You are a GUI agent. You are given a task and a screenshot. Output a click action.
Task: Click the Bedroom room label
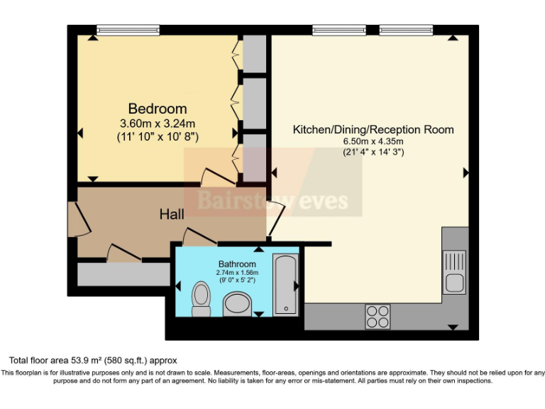tap(158, 109)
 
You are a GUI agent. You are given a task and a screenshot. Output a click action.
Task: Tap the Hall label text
tap(172, 214)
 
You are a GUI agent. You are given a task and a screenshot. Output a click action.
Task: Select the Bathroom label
tap(237, 263)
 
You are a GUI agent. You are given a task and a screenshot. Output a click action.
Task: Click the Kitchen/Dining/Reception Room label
tap(373, 129)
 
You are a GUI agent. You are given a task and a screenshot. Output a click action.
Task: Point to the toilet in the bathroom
tap(202, 298)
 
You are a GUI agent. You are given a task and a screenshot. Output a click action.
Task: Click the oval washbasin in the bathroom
tap(237, 305)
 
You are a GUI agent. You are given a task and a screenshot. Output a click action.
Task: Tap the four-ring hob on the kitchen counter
tap(378, 316)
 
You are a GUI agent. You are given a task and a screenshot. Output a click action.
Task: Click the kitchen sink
tap(454, 272)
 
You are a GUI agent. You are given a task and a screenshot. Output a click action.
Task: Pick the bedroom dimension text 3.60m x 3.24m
tap(158, 124)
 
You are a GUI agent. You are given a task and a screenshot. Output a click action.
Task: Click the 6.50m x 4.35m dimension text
tap(373, 141)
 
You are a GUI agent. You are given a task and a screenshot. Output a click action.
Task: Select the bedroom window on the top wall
tap(128, 31)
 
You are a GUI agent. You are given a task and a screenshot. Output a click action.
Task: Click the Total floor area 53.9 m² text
tap(92, 361)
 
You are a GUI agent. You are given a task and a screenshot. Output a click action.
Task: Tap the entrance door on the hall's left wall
tap(81, 219)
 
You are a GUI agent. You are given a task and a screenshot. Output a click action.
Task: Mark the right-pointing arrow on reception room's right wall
tap(466, 173)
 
